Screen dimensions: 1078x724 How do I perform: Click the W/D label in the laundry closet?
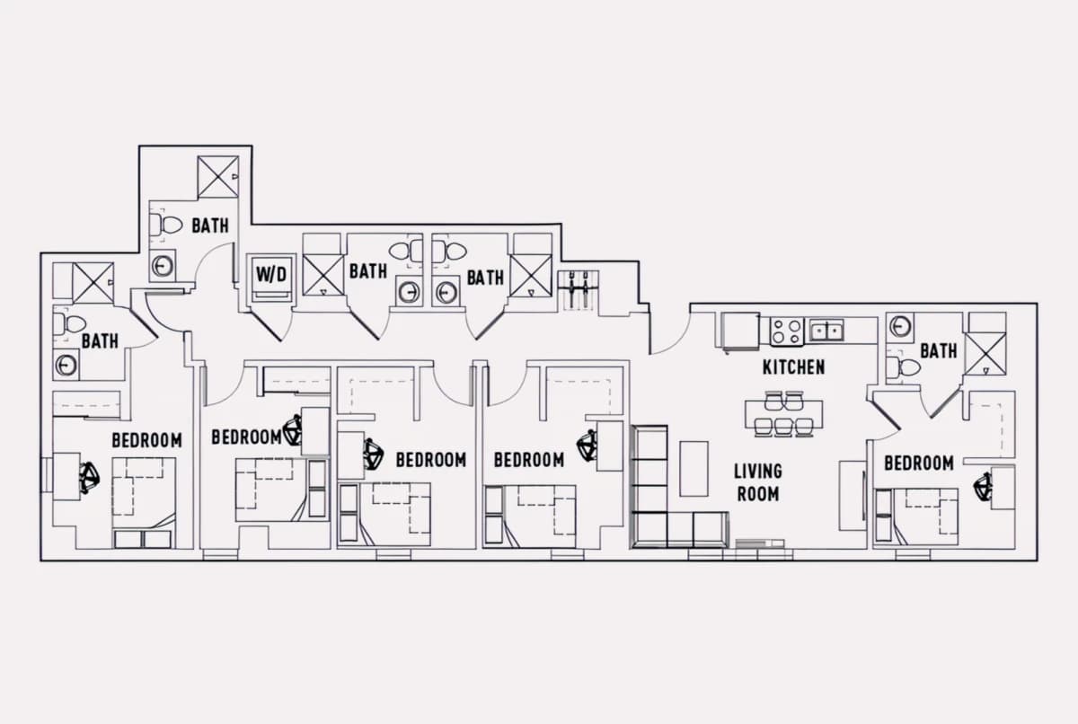pos(271,274)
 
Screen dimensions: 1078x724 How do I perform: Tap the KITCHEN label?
pos(793,367)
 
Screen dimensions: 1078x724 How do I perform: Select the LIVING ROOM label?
pos(758,482)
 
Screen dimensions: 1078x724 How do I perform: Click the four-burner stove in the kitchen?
pos(787,332)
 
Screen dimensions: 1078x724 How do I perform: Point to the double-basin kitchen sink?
pos(826,331)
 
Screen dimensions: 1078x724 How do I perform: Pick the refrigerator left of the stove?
pos(740,331)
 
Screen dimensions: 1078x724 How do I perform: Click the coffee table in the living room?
pos(694,469)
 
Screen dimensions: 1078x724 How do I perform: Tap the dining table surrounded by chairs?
pos(784,413)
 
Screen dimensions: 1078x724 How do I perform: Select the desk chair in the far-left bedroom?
pos(90,478)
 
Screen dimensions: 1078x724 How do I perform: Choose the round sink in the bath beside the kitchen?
pos(899,327)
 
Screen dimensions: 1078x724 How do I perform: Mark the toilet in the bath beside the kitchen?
pos(904,368)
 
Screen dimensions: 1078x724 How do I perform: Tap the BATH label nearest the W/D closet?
pos(368,271)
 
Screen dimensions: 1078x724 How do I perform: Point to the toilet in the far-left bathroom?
pos(69,323)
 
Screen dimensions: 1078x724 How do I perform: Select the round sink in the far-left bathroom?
pos(66,365)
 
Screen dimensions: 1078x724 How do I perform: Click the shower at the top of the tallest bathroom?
pos(218,177)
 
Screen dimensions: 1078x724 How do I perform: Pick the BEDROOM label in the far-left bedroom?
pos(146,440)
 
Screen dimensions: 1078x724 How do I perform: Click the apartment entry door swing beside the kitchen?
pos(672,333)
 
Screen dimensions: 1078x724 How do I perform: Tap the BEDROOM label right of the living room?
pos(919,464)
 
